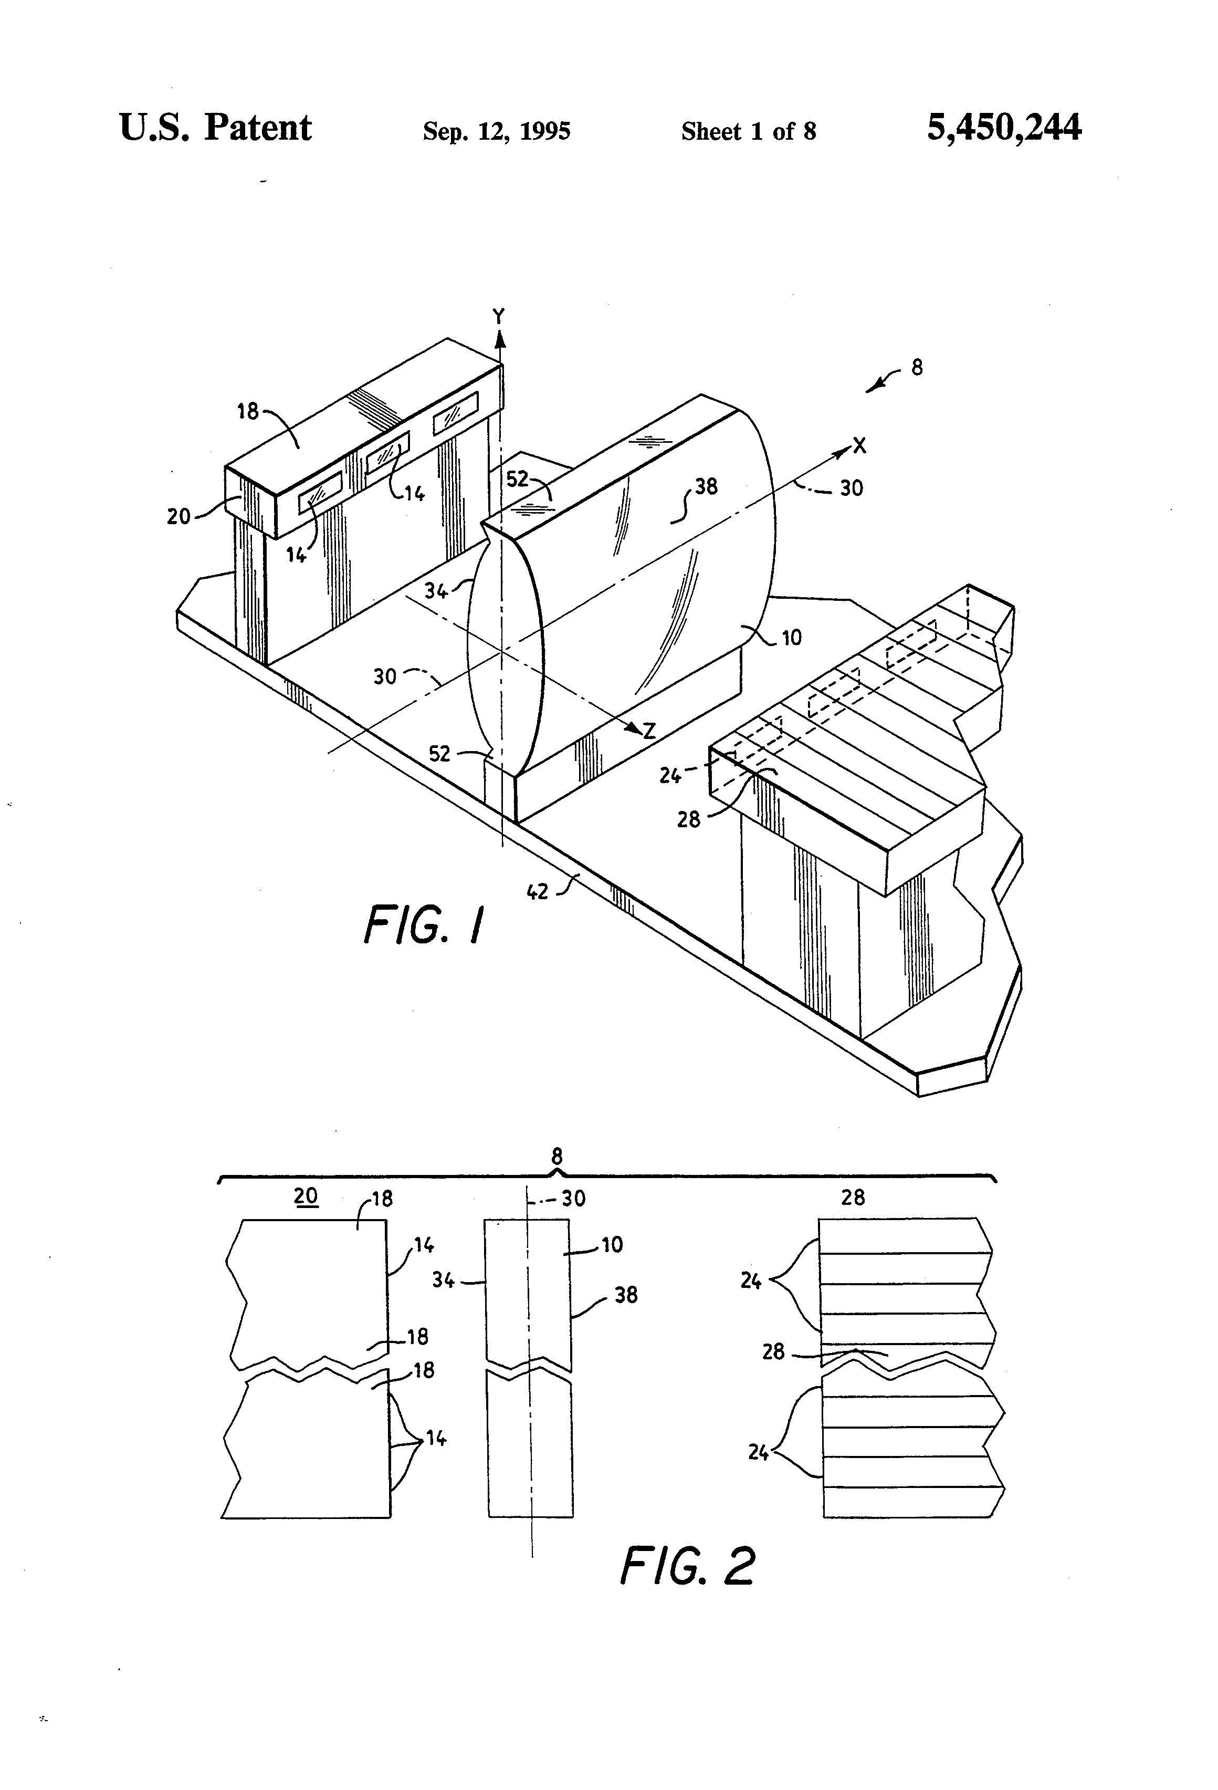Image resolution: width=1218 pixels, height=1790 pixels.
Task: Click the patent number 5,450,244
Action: coord(1004,128)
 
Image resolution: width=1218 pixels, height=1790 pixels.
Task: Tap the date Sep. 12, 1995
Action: coord(497,131)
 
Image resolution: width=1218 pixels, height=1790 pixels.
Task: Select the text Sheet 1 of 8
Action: coord(748,131)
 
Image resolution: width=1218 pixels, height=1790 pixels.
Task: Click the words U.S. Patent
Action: coord(216,127)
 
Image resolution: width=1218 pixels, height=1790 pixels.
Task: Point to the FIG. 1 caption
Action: coord(425,924)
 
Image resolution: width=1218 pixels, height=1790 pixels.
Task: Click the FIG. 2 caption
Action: coord(688,1565)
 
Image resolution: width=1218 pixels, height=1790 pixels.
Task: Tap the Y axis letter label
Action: coord(499,316)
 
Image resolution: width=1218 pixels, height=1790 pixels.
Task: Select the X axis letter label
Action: coord(859,445)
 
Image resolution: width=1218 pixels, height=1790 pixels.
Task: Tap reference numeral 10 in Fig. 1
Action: coord(792,638)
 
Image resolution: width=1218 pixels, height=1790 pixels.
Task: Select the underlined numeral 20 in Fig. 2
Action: coord(306,1195)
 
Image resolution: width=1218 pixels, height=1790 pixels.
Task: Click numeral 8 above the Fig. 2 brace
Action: coord(556,1156)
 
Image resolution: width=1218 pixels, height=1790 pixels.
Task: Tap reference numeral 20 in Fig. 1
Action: coord(178,516)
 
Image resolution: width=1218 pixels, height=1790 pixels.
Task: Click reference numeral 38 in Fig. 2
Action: coord(626,1295)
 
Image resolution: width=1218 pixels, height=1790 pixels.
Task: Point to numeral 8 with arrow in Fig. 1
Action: coord(916,367)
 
